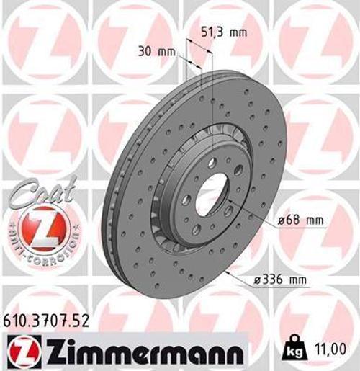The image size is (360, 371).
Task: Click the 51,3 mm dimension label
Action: click(217, 31)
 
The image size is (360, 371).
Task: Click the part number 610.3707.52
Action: click(48, 321)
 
